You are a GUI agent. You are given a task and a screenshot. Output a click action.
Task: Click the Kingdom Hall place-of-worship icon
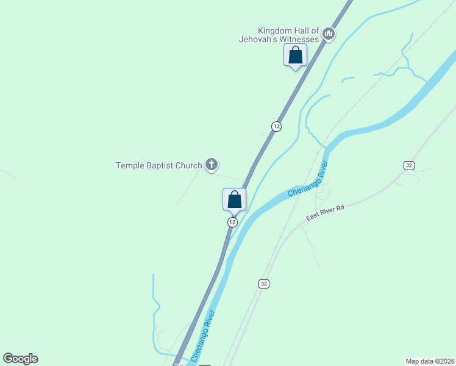(x=329, y=34)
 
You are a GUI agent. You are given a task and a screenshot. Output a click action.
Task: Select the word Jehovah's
(x=257, y=39)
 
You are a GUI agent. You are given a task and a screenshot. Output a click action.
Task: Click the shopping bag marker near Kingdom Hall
(x=296, y=56)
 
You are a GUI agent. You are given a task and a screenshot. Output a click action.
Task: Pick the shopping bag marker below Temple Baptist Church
(x=234, y=199)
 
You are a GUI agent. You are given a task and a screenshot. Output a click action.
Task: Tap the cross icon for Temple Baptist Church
(x=212, y=164)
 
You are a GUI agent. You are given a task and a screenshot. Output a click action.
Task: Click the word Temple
(x=129, y=165)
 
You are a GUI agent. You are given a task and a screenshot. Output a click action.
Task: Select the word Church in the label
(x=188, y=165)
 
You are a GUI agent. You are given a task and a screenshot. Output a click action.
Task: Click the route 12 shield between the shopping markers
(x=277, y=126)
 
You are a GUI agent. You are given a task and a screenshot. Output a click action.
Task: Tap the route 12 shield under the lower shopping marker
(x=232, y=222)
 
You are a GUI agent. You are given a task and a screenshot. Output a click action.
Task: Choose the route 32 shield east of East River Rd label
(x=408, y=165)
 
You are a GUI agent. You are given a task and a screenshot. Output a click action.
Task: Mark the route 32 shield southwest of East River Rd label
(x=263, y=284)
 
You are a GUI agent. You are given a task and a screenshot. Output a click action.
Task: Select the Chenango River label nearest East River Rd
(x=308, y=178)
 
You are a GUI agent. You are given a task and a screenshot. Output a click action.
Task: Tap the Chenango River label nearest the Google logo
(x=204, y=336)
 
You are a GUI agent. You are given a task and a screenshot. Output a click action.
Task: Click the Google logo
(x=20, y=359)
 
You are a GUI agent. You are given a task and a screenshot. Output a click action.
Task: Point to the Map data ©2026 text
(x=429, y=361)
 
